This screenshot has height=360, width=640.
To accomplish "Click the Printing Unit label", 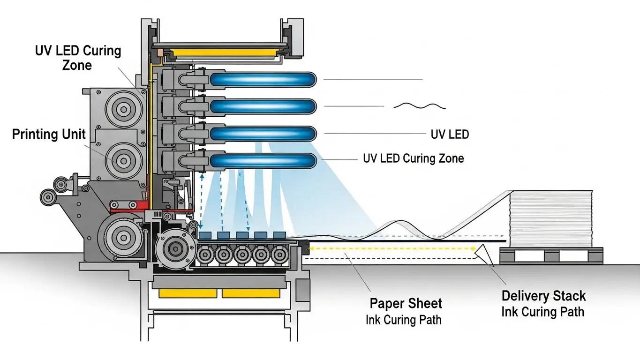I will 49,135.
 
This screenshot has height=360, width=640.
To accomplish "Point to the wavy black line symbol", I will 420,106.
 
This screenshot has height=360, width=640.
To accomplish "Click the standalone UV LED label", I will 450,135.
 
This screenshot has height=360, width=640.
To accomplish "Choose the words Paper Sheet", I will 406,303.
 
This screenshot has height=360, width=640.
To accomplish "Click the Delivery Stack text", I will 543,296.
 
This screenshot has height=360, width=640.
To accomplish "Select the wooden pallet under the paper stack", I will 551,256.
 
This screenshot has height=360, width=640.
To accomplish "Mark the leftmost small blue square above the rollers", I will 205,235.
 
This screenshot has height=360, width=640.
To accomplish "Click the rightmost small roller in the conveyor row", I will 279,255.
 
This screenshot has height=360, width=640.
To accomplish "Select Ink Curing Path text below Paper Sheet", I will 403,321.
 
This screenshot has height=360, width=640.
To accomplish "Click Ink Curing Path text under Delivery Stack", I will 542,312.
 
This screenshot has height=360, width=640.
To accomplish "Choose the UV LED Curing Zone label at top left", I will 78,58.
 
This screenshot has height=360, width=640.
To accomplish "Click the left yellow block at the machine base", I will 188,293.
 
